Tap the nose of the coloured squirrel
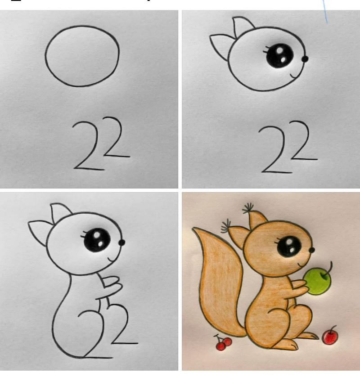312,250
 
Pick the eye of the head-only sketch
279,55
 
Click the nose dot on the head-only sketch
305,58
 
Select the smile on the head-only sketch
295,76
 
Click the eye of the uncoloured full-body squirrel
97,240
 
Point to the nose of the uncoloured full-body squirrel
122,242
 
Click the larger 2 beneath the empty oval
89,146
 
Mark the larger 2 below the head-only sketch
277,149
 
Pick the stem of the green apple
329,268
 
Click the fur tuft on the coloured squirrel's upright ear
248,208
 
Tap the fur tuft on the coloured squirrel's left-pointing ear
226,226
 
